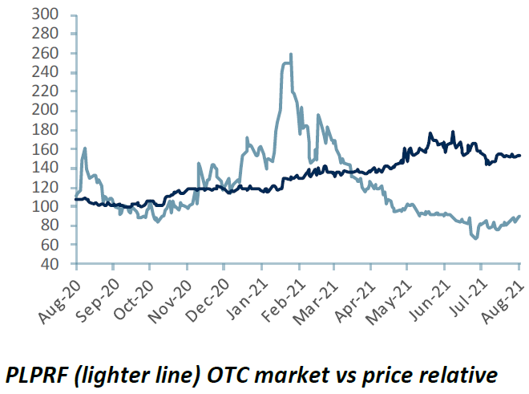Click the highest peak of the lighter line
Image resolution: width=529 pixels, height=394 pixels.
pos(290,55)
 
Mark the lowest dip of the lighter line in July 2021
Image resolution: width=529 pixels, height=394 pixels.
pos(476,238)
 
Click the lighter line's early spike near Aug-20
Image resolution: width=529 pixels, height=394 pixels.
pos(85,148)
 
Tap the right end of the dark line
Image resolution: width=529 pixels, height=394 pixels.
pos(520,155)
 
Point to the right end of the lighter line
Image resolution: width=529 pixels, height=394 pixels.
pos(520,216)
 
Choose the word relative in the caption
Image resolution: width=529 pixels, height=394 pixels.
pos(455,374)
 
